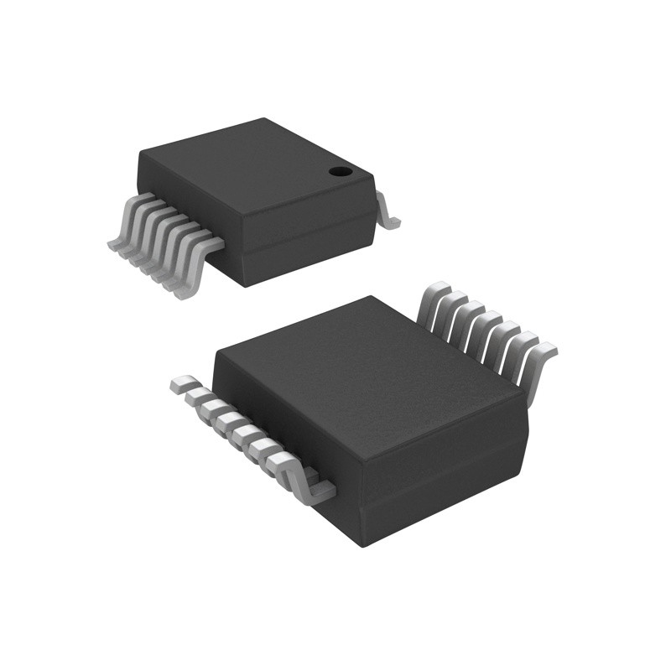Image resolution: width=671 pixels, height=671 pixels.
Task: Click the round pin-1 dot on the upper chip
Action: [x=340, y=172]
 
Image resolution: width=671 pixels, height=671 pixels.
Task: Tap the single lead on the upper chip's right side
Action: [x=387, y=211]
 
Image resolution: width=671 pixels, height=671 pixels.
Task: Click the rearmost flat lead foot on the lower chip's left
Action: [x=181, y=385]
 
